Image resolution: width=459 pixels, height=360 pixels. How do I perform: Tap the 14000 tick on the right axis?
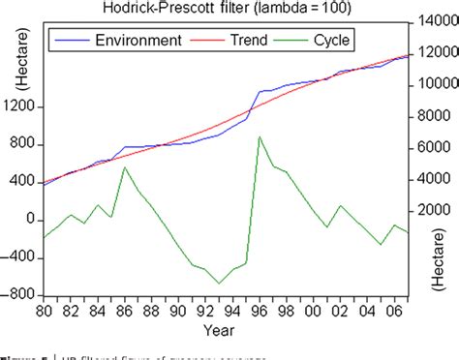pyautogui.click(x=437, y=21)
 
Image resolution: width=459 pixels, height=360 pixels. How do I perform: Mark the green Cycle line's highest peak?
pyautogui.click(x=260, y=137)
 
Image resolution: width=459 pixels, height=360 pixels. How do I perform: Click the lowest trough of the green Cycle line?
pyautogui.click(x=219, y=284)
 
